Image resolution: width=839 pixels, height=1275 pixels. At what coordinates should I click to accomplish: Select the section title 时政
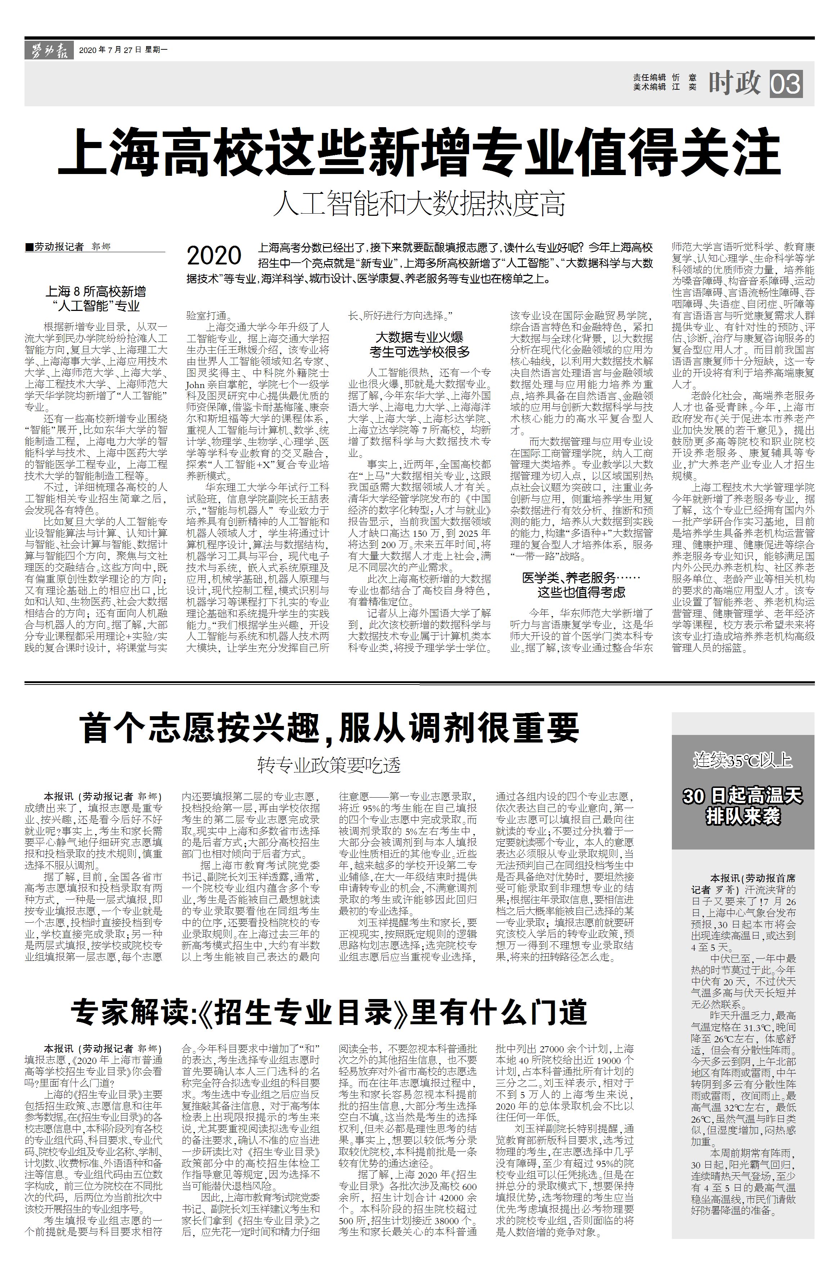pyautogui.click(x=735, y=83)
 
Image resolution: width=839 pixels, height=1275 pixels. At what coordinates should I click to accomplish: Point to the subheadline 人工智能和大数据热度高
pyautogui.click(x=419, y=204)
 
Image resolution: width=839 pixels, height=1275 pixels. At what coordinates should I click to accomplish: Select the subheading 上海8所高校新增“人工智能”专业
pyautogui.click(x=96, y=299)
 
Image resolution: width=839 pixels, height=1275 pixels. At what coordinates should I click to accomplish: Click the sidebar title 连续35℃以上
pyautogui.click(x=742, y=760)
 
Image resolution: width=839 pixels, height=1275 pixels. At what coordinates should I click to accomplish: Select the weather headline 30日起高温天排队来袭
pyautogui.click(x=742, y=806)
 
